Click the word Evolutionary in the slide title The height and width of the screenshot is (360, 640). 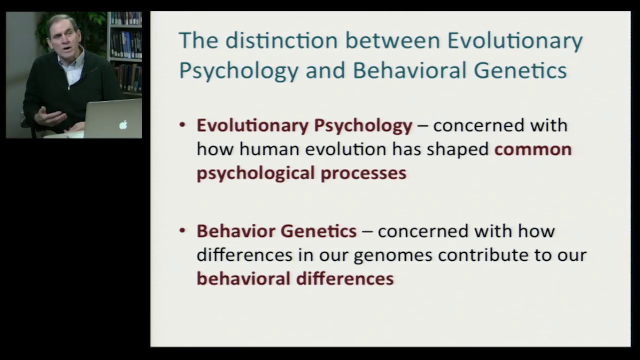pyautogui.click(x=515, y=41)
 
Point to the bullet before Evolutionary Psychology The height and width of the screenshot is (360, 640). pyautogui.click(x=182, y=125)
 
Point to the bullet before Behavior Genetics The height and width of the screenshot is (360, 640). pyautogui.click(x=182, y=231)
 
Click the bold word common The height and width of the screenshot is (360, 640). pyautogui.click(x=532, y=149)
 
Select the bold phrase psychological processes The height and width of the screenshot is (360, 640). pyautogui.click(x=301, y=173)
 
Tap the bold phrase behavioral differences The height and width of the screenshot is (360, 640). pyautogui.click(x=295, y=278)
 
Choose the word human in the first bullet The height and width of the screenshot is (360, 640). pyautogui.click(x=269, y=149)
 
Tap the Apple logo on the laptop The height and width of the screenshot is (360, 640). pyautogui.click(x=123, y=124)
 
